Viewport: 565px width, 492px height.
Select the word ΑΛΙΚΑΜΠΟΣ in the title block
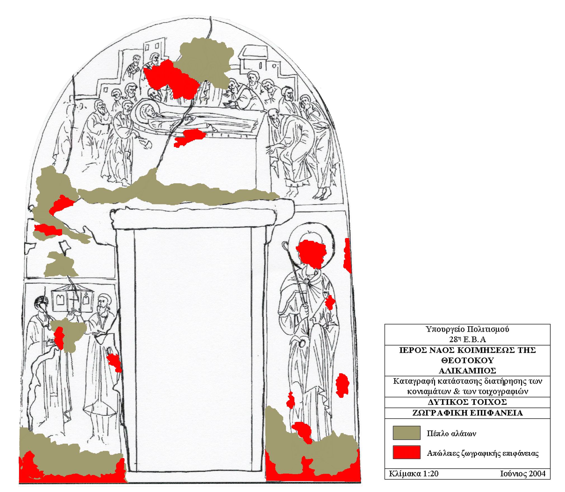pyautogui.click(x=467, y=371)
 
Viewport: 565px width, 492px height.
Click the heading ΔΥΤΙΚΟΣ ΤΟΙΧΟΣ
pyautogui.click(x=467, y=402)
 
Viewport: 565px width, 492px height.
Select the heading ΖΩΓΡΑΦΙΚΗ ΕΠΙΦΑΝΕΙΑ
pyautogui.click(x=467, y=413)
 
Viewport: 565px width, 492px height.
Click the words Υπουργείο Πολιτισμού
pyautogui.click(x=467, y=329)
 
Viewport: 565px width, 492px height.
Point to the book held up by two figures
pyautogui.click(x=72, y=302)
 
